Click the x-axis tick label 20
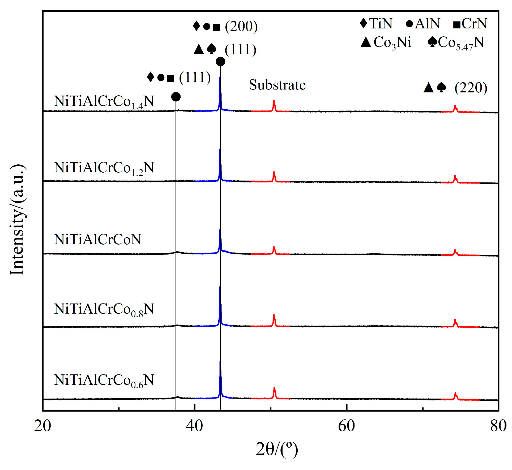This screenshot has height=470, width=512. [x=42, y=426]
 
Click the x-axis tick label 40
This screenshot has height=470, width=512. [x=194, y=426]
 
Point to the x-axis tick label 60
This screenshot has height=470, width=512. [x=346, y=426]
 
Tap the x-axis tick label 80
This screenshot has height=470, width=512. [x=498, y=426]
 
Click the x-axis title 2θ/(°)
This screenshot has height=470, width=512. [x=277, y=449]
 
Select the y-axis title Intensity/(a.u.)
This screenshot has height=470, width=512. [x=18, y=220]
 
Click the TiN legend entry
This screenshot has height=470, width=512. [x=376, y=23]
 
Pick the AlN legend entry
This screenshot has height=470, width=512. [x=423, y=23]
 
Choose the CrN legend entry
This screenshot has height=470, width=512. [x=470, y=23]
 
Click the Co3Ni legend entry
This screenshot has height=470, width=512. [x=386, y=42]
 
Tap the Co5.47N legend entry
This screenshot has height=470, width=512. [x=456, y=42]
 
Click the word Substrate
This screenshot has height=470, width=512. [x=277, y=85]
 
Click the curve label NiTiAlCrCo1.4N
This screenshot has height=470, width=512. [x=104, y=101]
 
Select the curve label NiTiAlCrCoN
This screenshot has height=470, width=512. [x=97, y=239]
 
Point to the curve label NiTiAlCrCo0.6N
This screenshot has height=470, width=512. [x=104, y=380]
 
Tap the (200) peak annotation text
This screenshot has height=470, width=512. [x=241, y=26]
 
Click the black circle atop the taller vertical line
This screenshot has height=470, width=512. [x=220, y=62]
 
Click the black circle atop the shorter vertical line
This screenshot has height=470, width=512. [x=176, y=97]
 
